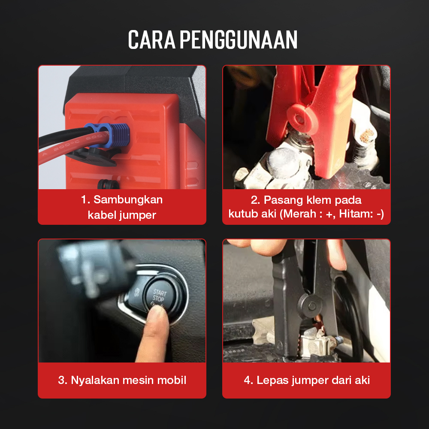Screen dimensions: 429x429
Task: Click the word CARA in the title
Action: [x=151, y=39]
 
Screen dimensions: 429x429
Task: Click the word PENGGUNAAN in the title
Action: [x=239, y=39]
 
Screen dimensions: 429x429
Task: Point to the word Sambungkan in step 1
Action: [x=128, y=200]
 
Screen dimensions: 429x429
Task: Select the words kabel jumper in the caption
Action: [x=122, y=215]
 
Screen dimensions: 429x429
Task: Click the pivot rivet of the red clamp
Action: [x=299, y=119]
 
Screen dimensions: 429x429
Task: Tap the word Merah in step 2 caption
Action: [x=299, y=214]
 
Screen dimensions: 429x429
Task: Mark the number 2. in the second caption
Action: [x=255, y=200]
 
